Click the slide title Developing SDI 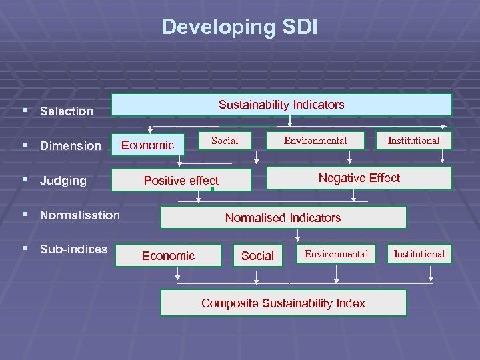pos(240,27)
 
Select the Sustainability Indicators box pos(281,105)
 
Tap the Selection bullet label pos(66,111)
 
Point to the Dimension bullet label pos(70,145)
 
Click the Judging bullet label pos(63,180)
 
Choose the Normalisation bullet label pos(79,215)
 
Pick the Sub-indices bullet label pos(73,249)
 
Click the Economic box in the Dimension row pos(147,145)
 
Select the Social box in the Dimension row pos(225,140)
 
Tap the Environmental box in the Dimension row pos(315,140)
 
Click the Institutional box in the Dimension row pos(414,140)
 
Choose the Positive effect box pos(181,180)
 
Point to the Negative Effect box pos(359,177)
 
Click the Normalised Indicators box pos(283,217)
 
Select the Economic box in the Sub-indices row pos(168,255)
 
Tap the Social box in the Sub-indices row pos(257,255)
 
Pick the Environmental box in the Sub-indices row pos(336,253)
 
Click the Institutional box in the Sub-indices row pos(419,253)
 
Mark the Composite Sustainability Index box pos(283,303)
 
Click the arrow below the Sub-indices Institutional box pos(431,273)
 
